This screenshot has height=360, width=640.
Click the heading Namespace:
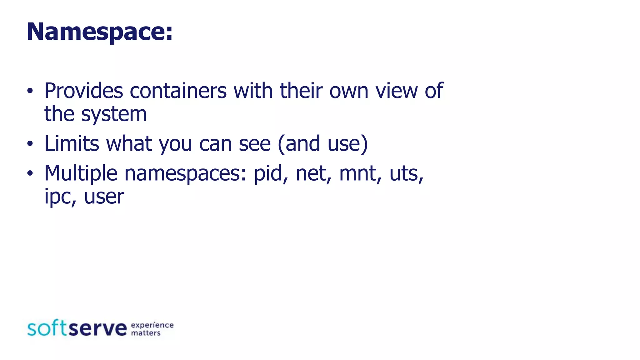[x=99, y=32]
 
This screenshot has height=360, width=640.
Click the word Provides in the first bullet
[x=84, y=91]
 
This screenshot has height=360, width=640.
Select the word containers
[x=178, y=91]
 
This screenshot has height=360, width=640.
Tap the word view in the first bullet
[x=396, y=91]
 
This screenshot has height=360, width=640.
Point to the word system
[x=114, y=114]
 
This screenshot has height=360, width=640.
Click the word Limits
[x=72, y=144]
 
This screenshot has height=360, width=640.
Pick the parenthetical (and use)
[x=322, y=144]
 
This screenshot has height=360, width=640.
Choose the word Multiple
[x=81, y=173]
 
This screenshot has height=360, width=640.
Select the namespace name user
[x=104, y=197]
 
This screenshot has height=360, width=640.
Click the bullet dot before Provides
[x=30, y=91]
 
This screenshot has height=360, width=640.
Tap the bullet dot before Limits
[x=30, y=144]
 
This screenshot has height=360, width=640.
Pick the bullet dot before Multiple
[x=30, y=174]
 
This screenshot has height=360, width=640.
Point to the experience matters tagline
[x=152, y=329]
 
